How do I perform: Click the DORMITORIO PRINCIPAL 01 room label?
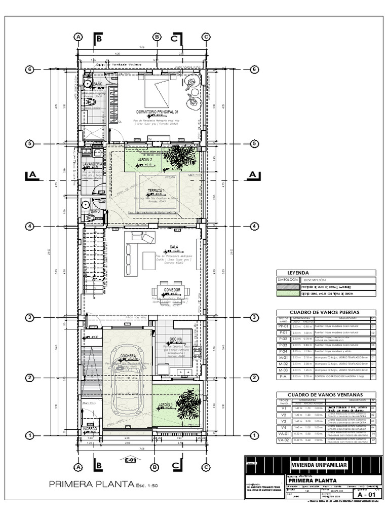(158, 112)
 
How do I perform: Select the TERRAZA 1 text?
(155, 190)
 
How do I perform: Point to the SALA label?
(175, 247)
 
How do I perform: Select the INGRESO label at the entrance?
(90, 429)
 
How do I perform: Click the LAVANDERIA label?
(93, 165)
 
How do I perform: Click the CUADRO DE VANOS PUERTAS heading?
(326, 313)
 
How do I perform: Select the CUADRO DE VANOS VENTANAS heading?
(326, 395)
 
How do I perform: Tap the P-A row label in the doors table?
(283, 377)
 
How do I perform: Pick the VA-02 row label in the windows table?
(283, 441)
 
